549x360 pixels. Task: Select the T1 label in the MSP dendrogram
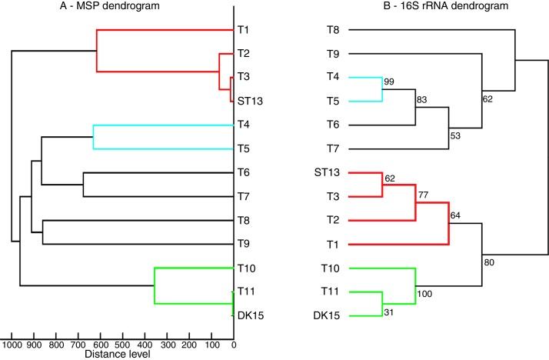tap(244, 30)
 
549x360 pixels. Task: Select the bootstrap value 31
tap(390, 320)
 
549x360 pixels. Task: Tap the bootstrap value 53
tap(455, 136)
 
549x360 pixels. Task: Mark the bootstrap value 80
tap(488, 262)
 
